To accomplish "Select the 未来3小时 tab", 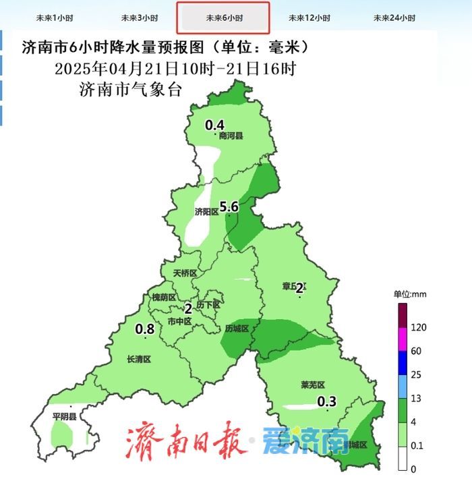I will click(140, 18).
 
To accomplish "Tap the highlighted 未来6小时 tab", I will click(223, 18).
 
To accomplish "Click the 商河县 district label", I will click(231, 136).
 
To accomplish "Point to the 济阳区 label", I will click(206, 212).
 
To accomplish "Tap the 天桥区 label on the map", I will click(184, 274).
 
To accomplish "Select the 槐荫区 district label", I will click(163, 297).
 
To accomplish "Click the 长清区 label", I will click(139, 360).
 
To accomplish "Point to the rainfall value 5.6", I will click(229, 207).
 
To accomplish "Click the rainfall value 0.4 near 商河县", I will click(214, 125).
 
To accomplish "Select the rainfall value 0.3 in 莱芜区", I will click(327, 402).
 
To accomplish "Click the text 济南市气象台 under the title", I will click(131, 90).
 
